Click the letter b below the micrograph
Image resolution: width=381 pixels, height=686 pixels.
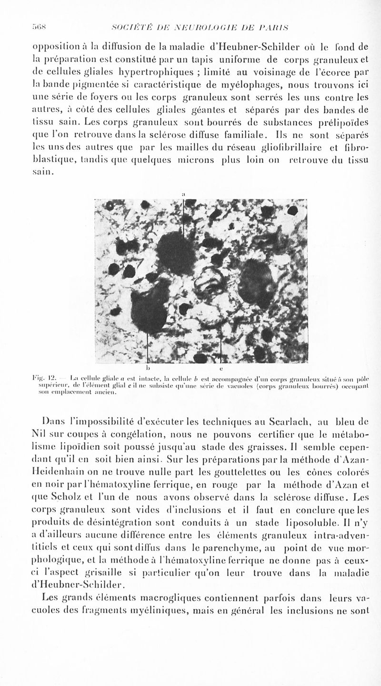click(x=148, y=368)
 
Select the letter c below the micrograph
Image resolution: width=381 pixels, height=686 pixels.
click(x=221, y=368)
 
